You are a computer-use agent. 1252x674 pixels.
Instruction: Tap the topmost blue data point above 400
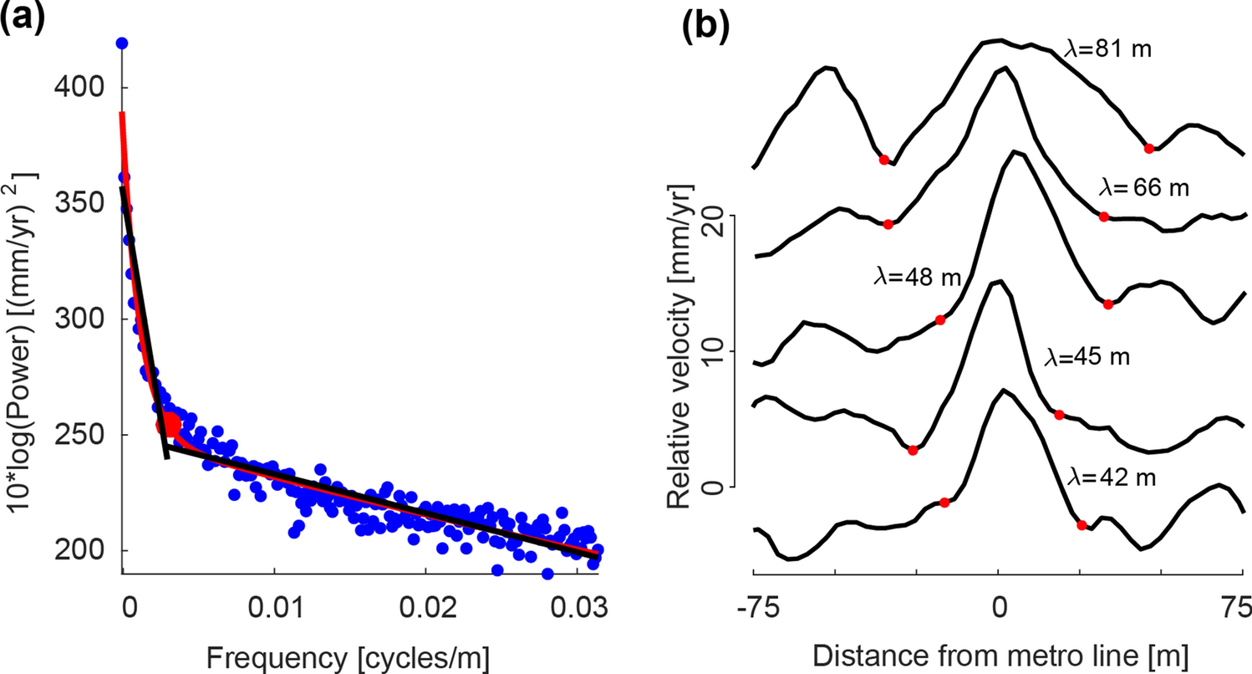[x=122, y=43]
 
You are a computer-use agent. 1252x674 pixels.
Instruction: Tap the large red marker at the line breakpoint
[x=169, y=425]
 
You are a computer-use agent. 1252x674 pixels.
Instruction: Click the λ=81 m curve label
[x=1109, y=49]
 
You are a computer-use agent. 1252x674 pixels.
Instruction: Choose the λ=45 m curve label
[x=1087, y=358]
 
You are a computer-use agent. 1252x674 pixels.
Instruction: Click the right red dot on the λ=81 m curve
[x=1149, y=148]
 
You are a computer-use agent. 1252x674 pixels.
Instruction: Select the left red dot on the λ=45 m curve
[x=913, y=450]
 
